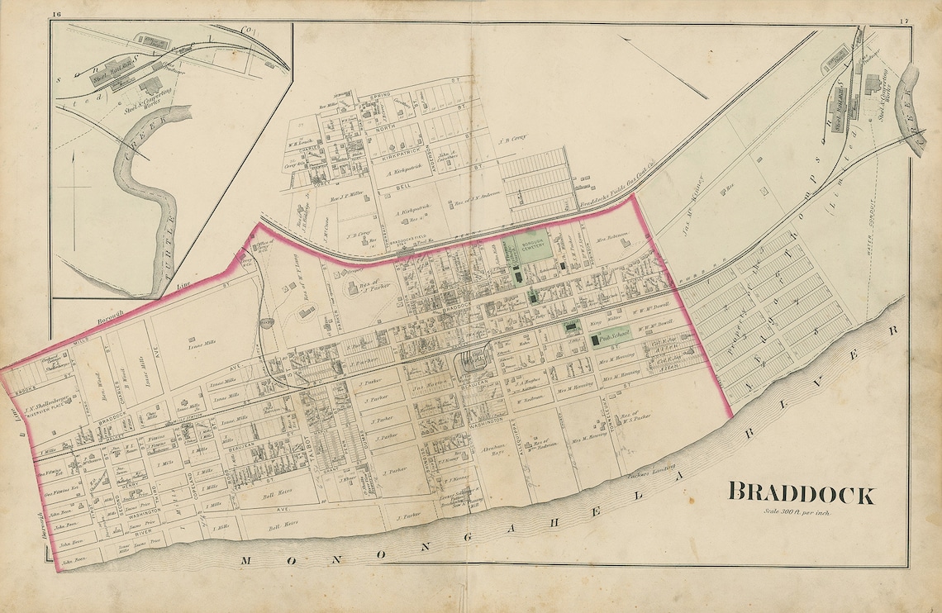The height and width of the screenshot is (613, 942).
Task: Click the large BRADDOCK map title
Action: click(800, 495)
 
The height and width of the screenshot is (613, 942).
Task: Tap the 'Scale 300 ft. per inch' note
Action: click(797, 515)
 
